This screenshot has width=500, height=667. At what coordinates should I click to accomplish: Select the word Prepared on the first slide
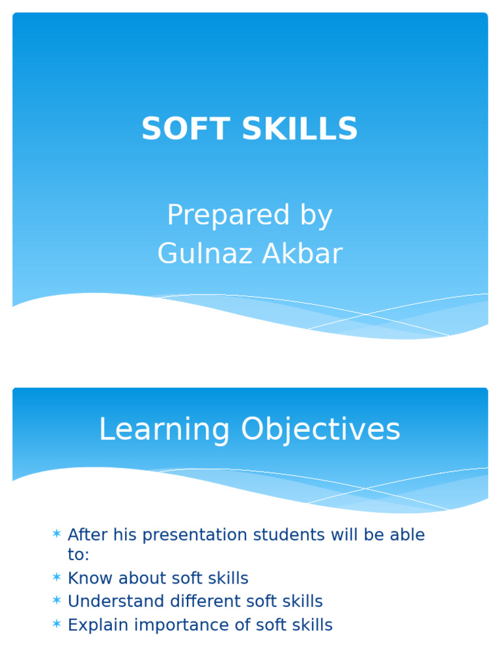(x=219, y=216)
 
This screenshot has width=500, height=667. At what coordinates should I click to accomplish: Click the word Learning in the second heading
(x=164, y=430)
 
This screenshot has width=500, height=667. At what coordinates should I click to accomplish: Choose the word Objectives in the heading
(x=320, y=430)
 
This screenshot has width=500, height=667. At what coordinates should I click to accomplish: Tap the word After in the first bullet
(x=88, y=535)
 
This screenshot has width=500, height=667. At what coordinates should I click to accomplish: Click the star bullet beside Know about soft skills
(x=57, y=578)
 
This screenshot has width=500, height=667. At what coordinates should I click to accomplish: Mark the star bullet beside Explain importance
(x=57, y=625)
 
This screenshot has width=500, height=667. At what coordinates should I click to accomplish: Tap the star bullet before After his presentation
(x=57, y=535)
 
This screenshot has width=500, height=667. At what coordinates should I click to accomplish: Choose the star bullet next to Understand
(x=57, y=601)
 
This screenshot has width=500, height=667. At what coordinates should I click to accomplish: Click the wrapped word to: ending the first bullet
(x=78, y=555)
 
